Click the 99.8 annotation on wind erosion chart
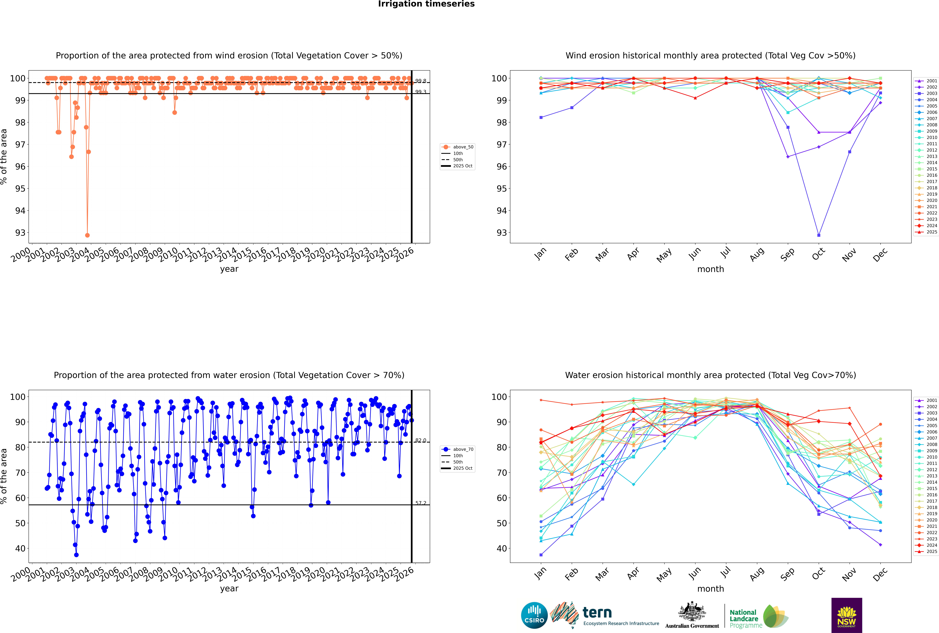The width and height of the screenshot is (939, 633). pos(421,81)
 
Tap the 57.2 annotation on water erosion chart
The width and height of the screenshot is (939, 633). pos(421,503)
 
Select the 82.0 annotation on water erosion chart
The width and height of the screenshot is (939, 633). pos(421,440)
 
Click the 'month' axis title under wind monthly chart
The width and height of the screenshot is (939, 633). pos(710,269)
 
